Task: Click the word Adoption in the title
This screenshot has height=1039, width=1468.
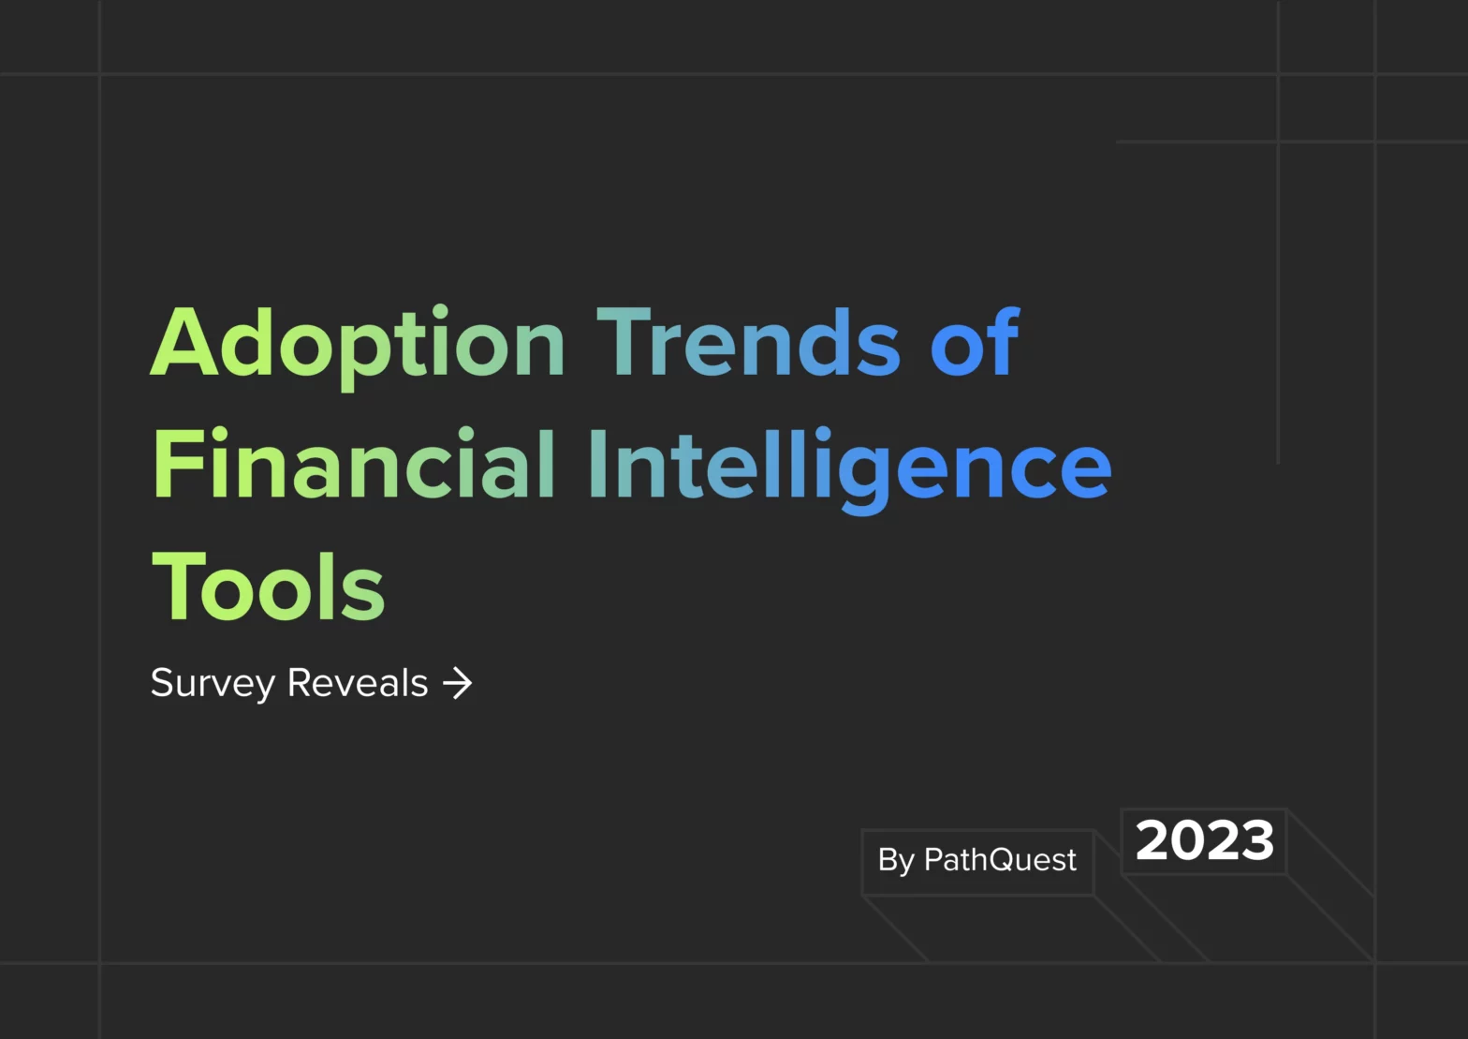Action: click(358, 347)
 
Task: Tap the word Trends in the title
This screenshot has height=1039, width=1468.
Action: click(748, 342)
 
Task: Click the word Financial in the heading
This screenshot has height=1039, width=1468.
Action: click(354, 463)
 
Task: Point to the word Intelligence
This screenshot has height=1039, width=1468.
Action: click(851, 469)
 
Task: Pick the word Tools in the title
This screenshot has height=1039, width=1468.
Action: click(268, 586)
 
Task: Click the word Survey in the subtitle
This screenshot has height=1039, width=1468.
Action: click(213, 684)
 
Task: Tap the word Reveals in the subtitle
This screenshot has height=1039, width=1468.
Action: click(358, 682)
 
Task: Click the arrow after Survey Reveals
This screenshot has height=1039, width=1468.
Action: click(458, 684)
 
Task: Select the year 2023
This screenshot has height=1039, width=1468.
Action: click(1205, 841)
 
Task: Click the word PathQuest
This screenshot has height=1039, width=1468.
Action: click(1000, 859)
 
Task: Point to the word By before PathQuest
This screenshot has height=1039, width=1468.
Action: click(896, 861)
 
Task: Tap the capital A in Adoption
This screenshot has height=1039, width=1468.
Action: click(184, 341)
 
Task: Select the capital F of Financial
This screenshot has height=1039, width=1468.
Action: click(176, 463)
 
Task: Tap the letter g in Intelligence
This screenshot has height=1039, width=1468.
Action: click(864, 476)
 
